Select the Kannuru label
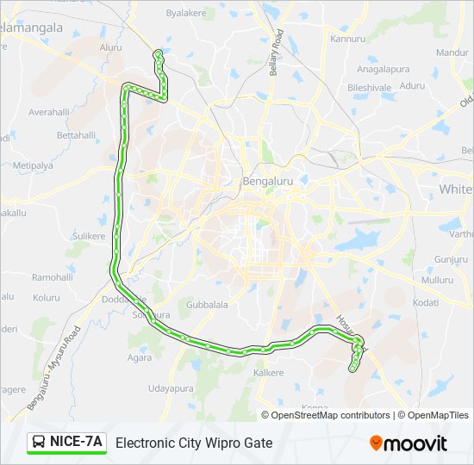pyautogui.click(x=348, y=39)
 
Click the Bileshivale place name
pyautogui.click(x=370, y=87)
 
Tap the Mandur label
pyautogui.click(x=452, y=53)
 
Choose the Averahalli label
pyautogui.click(x=48, y=112)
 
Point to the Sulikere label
pyautogui.click(x=89, y=236)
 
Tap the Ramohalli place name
pyautogui.click(x=53, y=277)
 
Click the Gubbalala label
pyautogui.click(x=208, y=305)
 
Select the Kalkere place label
pyautogui.click(x=268, y=373)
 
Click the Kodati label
pyautogui.click(x=426, y=302)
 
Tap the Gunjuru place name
pyautogui.click(x=451, y=259)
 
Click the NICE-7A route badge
pyautogui.click(x=66, y=443)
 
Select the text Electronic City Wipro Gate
pyautogui.click(x=194, y=443)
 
